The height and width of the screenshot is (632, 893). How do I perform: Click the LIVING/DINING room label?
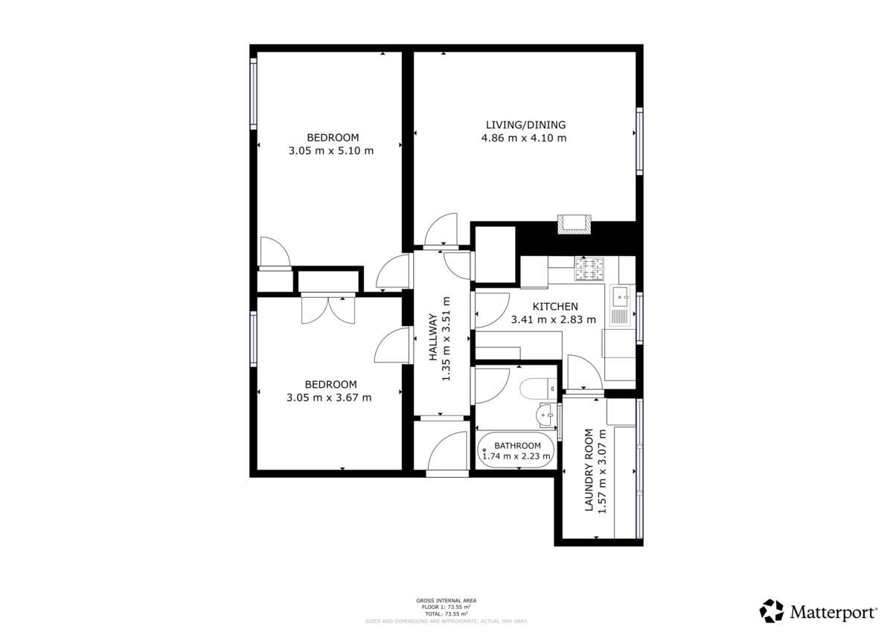pos(525,124)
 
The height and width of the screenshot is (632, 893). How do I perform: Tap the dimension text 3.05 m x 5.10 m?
pos(330,150)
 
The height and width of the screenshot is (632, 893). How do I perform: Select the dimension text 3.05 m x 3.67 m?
pos(329,398)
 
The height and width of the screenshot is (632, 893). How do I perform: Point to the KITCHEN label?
pos(555,307)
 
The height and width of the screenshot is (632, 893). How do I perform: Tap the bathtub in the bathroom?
pos(516,450)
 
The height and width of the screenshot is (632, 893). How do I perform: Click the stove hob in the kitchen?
pos(590,269)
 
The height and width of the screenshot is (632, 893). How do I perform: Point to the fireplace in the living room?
pos(574,224)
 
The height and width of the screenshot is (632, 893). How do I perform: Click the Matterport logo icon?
pos(771,611)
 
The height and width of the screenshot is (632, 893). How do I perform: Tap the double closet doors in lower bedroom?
pos(328,309)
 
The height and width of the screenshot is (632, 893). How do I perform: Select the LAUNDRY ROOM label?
pos(589,470)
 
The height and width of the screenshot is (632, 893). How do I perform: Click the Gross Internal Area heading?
pos(446,600)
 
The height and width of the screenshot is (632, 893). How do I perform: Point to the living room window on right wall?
pos(638,141)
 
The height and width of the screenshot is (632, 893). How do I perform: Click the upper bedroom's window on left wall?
pos(254,95)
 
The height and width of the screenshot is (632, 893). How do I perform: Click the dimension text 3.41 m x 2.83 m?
pos(554,320)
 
